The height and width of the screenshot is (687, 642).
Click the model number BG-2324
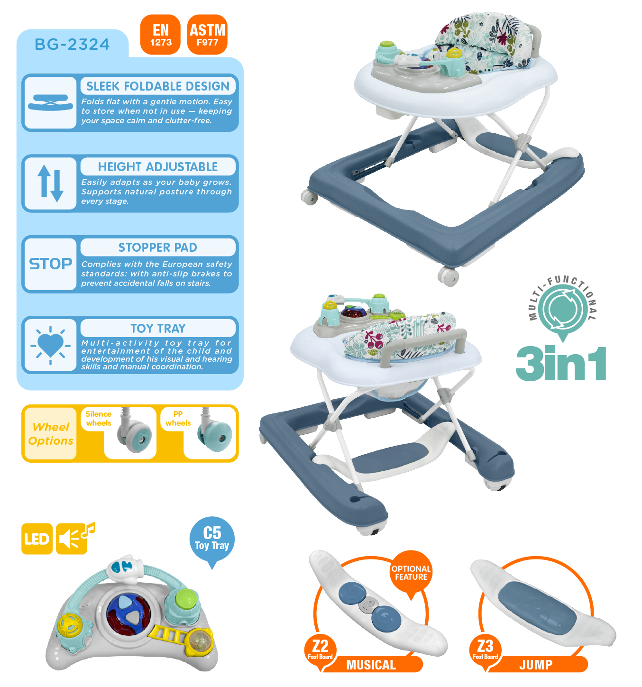pyautogui.click(x=72, y=45)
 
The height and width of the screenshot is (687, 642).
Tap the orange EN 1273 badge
pyautogui.click(x=161, y=35)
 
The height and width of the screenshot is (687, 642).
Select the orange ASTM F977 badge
pyautogui.click(x=207, y=35)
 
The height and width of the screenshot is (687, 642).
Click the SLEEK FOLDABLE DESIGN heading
pyautogui.click(x=158, y=86)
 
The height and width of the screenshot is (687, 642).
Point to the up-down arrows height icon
pyautogui.click(x=50, y=183)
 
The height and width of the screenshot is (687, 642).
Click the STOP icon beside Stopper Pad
pyautogui.click(x=50, y=264)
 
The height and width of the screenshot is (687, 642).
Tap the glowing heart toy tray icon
pyautogui.click(x=50, y=345)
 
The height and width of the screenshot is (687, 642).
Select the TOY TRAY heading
pyautogui.click(x=158, y=328)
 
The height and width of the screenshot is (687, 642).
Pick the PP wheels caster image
pyautogui.click(x=216, y=432)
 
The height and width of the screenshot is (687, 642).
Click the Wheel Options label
pyautogui.click(x=50, y=434)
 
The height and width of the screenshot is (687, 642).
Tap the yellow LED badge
pyautogui.click(x=37, y=539)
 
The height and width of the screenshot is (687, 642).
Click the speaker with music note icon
pyautogui.click(x=73, y=538)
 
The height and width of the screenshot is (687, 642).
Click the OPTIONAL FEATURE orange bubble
pyautogui.click(x=411, y=573)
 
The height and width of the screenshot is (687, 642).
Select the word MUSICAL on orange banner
pyautogui.click(x=371, y=665)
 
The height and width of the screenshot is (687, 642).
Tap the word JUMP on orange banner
pyautogui.click(x=536, y=665)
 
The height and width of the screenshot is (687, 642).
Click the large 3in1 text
pyautogui.click(x=561, y=363)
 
